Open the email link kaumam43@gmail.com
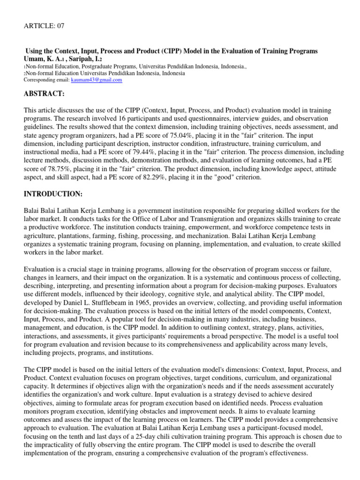coord(96,80)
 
